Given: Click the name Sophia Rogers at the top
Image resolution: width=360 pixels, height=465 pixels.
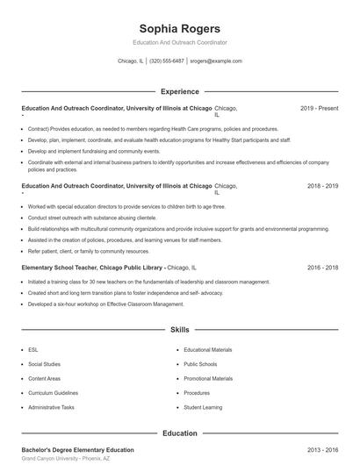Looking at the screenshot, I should (180, 28).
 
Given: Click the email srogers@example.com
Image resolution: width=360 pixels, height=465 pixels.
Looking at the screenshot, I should (216, 61).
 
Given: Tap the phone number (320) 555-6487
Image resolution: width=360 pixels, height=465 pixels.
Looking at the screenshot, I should (167, 61).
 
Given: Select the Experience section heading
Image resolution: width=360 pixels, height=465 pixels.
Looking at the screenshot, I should (180, 91).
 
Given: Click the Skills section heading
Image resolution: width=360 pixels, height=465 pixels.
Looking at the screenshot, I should (180, 330).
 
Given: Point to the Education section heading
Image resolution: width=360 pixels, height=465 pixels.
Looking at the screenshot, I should (180, 433).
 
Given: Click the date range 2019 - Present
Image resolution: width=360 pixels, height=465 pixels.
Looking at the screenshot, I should (319, 108).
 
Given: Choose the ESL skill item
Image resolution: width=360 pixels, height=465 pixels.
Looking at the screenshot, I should (33, 349).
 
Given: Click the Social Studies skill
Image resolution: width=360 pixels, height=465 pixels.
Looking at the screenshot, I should (44, 364).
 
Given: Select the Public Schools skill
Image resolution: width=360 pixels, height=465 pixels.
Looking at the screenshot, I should (200, 364).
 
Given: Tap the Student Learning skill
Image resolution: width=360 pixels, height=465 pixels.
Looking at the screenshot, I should (203, 407).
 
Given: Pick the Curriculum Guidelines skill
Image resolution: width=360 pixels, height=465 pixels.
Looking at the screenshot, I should (53, 393).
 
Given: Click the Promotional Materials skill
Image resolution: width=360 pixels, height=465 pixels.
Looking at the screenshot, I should (208, 378).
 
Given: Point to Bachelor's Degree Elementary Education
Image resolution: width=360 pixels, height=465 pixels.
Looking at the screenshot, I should (77, 449).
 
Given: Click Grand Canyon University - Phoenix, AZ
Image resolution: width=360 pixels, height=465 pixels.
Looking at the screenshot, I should (66, 459).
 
